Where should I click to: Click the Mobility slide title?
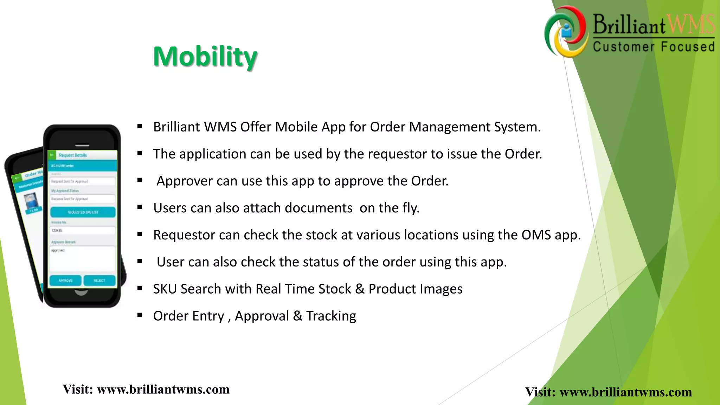[205, 57]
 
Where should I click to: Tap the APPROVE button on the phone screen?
[66, 281]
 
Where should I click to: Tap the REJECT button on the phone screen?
[99, 281]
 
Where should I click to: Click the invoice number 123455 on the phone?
[57, 231]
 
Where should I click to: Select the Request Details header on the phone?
[73, 155]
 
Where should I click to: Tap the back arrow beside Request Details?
[52, 155]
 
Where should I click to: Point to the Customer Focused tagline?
[654, 47]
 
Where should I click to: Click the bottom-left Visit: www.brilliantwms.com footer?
[146, 390]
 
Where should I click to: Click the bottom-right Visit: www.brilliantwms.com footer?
[609, 392]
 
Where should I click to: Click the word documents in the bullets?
[319, 208]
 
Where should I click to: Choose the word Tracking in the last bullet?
[331, 316]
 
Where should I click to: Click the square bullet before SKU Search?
[140, 288]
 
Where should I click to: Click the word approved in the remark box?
[58, 250]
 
